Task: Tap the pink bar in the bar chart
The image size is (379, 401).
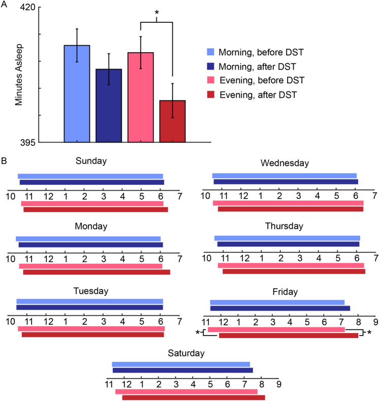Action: (141, 97)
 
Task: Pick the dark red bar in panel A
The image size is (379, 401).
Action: (172, 121)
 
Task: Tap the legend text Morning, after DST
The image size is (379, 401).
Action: (257, 66)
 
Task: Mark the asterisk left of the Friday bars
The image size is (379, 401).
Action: (198, 333)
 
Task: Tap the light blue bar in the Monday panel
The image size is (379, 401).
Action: (88, 239)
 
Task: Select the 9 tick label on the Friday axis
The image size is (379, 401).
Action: (375, 322)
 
